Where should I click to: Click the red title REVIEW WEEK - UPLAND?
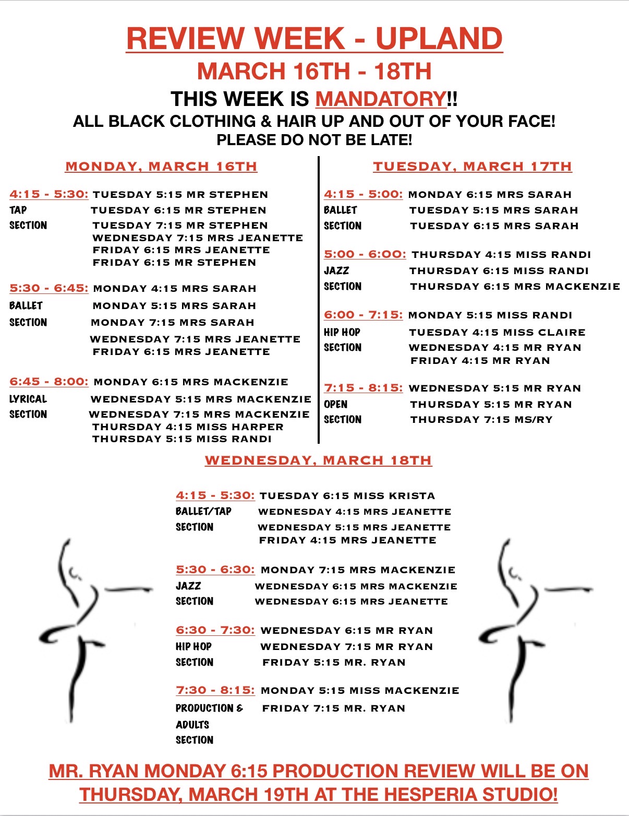click(314, 39)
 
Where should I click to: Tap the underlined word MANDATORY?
click(381, 99)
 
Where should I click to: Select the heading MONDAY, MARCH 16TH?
click(161, 167)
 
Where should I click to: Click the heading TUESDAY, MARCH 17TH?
click(472, 167)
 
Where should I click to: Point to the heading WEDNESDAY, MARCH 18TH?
click(318, 460)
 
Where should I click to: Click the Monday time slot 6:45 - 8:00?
click(49, 382)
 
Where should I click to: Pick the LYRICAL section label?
click(28, 399)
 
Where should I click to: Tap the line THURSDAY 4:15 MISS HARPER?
click(188, 427)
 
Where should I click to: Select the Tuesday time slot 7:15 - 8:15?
click(363, 388)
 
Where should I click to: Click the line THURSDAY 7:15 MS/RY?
click(481, 420)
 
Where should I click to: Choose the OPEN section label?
click(335, 404)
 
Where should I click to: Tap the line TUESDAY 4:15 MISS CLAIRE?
click(497, 332)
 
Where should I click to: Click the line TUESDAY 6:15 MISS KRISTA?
click(347, 495)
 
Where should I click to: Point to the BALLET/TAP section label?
click(203, 511)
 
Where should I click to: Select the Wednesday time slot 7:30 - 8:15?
click(215, 690)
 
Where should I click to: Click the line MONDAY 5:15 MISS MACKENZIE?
click(359, 690)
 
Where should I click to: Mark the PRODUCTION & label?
click(209, 708)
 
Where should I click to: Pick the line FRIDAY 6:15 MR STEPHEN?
click(174, 263)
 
